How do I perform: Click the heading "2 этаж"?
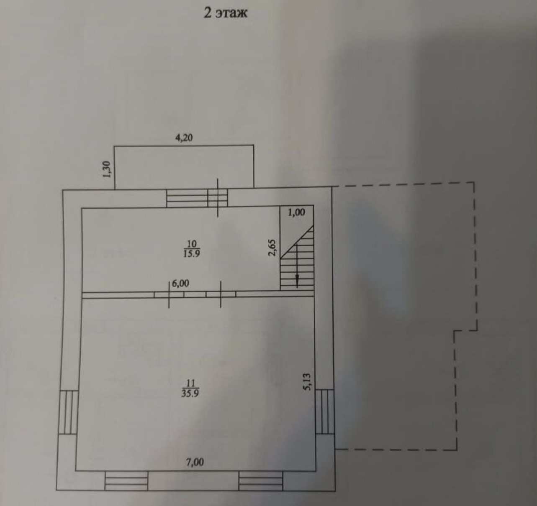[x=225, y=13]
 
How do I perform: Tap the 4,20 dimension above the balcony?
[x=184, y=138]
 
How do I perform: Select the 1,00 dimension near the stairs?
[x=296, y=212]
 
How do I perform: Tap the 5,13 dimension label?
[x=308, y=381]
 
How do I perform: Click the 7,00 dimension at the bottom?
[x=195, y=462]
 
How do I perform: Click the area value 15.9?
[x=192, y=253]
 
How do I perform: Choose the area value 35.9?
[x=190, y=393]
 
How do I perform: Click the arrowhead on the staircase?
[x=297, y=281]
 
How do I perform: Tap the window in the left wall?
[x=68, y=412]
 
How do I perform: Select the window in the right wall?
[x=324, y=411]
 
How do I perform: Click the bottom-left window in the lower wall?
[x=126, y=480]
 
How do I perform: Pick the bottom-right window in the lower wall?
[x=261, y=480]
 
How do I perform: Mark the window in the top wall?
[x=197, y=198]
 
